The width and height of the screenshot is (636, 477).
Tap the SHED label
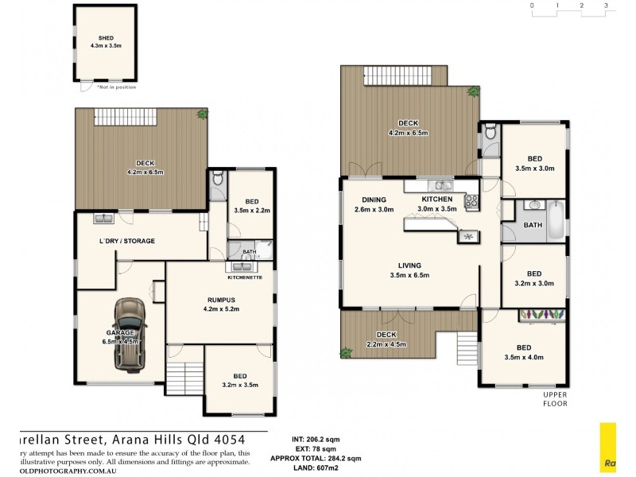pyautogui.click(x=106, y=37)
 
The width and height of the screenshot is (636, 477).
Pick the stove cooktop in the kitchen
pyautogui.click(x=471, y=202)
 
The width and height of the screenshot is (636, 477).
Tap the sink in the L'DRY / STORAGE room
pyautogui.click(x=102, y=219)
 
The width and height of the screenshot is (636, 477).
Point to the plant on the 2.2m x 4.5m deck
pyautogui.click(x=347, y=351)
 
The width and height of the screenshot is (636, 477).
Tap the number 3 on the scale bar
pyautogui.click(x=606, y=6)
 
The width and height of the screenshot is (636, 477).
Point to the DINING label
pyautogui.click(x=374, y=200)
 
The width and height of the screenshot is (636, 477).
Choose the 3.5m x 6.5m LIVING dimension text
pyautogui.click(x=409, y=275)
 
